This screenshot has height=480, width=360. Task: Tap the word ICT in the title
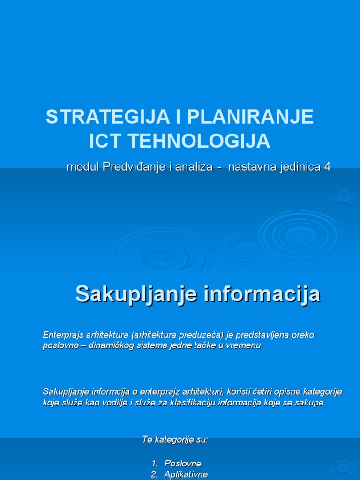105,141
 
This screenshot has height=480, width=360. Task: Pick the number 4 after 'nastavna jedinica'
327,167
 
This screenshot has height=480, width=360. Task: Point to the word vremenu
244,345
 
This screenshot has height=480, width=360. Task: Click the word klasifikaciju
198,403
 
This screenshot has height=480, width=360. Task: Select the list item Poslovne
183,463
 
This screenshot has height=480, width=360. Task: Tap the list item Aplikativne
186,474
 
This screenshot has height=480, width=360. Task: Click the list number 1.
154,463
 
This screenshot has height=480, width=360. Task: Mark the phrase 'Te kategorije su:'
175,440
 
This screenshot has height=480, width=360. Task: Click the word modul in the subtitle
81,167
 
